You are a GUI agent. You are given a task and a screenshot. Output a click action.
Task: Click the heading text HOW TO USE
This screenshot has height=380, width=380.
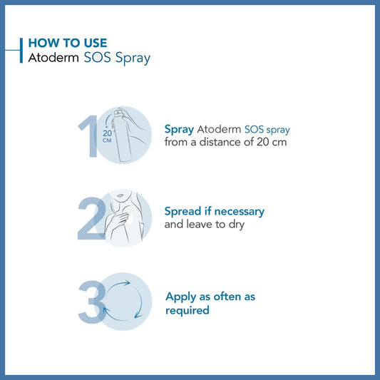point(68,43)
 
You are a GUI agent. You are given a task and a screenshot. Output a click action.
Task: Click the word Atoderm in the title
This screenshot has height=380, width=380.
point(53,58)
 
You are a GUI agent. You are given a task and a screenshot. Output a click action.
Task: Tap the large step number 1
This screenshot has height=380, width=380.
point(88,136)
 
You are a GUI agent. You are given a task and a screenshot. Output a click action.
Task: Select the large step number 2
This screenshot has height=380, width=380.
point(91,219)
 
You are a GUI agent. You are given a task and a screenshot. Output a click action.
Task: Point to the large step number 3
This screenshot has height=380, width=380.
point(92,302)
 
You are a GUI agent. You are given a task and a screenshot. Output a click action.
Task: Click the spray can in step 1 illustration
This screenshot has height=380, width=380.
point(122,135)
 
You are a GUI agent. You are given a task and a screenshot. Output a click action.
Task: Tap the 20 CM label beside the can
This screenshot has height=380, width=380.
point(107,136)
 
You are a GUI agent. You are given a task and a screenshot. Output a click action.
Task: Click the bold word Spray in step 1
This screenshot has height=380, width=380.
point(179,130)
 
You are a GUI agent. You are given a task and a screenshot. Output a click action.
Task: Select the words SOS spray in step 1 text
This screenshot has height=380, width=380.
point(267,130)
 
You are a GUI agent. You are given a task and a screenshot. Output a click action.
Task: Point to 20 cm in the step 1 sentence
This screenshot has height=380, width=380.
point(272,142)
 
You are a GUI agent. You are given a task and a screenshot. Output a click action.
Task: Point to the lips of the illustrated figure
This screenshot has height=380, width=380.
point(120,195)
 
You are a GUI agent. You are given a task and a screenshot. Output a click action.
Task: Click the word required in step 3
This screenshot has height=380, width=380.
point(188,310)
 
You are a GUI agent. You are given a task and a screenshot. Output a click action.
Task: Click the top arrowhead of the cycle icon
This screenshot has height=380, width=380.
point(127,283)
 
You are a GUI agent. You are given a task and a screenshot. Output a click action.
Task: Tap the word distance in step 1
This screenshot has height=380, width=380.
point(220,142)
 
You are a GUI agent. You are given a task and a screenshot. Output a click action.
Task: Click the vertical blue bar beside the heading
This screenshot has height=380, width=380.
point(21,51)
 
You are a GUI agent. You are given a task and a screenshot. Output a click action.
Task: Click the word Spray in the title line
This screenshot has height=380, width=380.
point(133,58)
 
